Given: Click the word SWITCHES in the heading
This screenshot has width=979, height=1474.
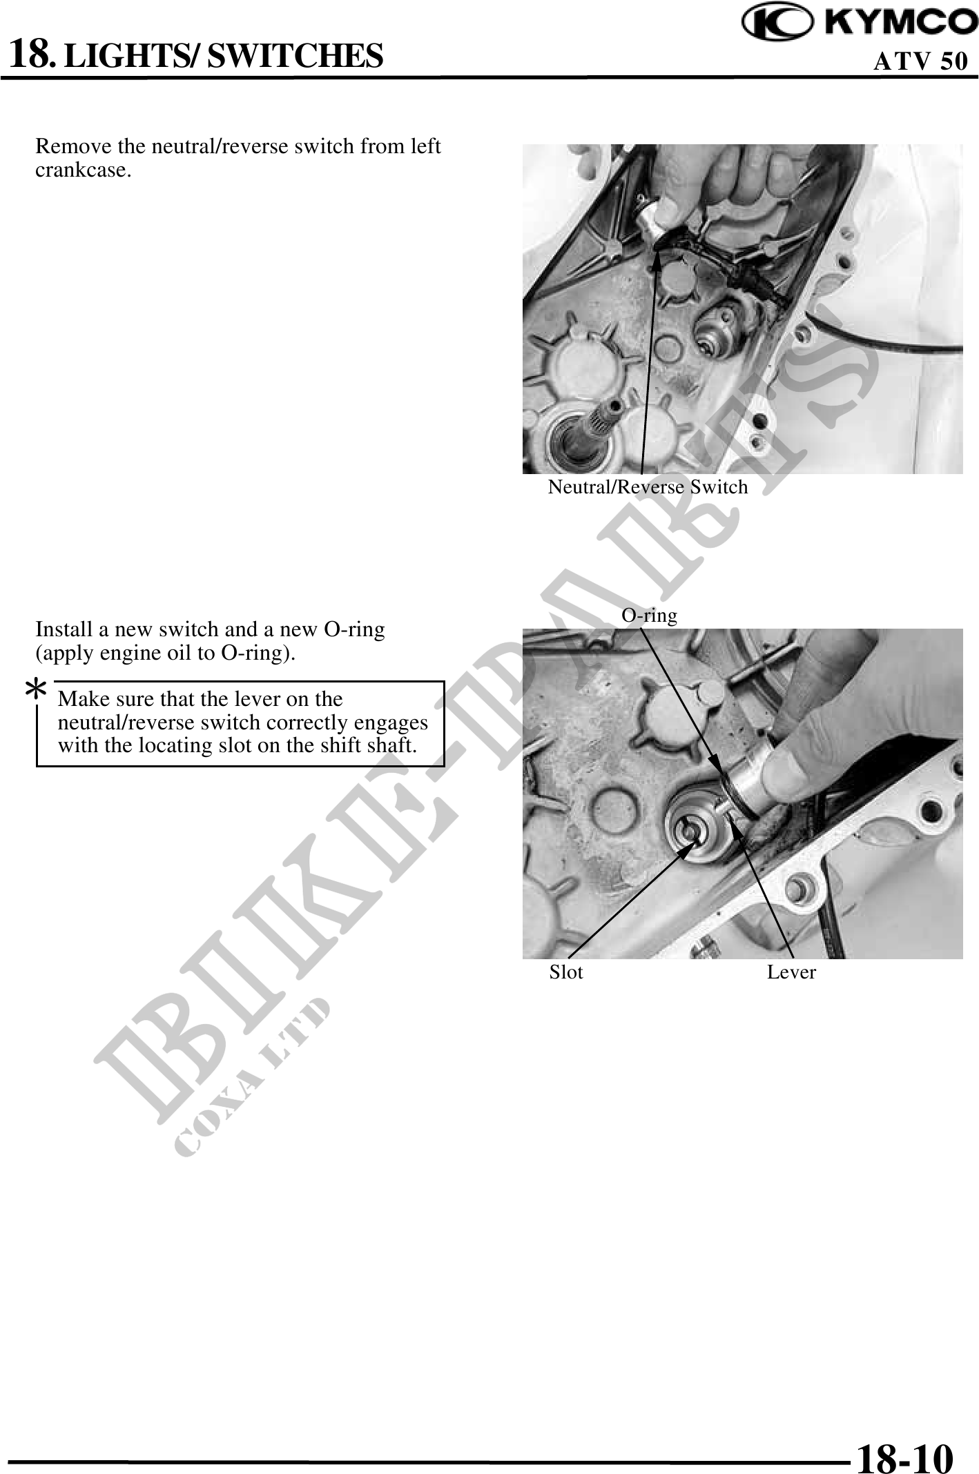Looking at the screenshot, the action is point(295,55).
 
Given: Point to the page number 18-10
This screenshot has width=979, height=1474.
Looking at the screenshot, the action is point(905,1437).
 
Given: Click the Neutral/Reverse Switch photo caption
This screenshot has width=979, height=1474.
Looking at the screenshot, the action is point(648,487).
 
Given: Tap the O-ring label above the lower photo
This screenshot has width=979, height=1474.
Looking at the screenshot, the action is point(650,615).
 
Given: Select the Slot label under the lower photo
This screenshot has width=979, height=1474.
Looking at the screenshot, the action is point(566,972).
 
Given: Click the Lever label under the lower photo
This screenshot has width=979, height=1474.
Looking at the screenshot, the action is point(791,972).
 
